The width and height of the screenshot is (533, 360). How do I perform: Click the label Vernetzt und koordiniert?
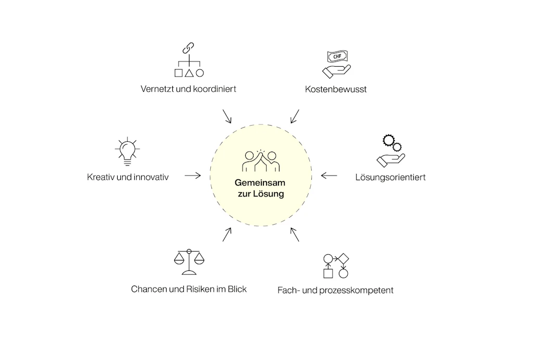point(188,89)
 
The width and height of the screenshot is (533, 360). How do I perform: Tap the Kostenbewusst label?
point(336,89)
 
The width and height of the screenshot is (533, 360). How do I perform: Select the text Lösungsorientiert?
point(390,177)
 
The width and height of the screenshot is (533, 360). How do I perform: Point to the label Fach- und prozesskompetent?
point(335,290)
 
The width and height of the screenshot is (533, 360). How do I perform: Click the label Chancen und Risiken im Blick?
point(188,289)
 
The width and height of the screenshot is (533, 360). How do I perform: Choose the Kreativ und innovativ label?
point(128,177)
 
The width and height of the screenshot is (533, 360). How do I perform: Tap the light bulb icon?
point(126,151)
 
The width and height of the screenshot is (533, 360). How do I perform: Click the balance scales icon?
point(188,262)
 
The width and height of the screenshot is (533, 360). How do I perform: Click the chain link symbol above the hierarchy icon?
point(188,48)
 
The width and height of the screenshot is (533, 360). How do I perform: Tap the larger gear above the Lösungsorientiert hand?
point(388,140)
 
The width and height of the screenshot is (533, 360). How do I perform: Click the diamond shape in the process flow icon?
point(343,258)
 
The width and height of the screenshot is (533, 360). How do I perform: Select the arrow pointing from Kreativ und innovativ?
point(193,176)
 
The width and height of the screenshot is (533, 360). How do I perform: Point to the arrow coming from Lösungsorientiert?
point(328,176)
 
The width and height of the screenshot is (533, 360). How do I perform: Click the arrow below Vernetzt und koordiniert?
point(226,116)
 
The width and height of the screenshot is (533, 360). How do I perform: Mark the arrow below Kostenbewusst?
point(295,116)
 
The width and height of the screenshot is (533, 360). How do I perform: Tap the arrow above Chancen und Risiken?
point(226,234)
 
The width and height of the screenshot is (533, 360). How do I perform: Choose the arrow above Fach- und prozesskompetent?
point(295,234)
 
